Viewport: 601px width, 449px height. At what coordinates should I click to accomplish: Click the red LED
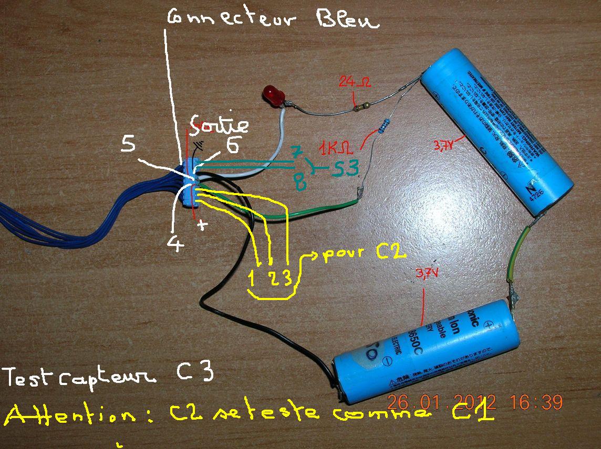[274, 96]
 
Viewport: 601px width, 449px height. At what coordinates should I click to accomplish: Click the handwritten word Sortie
[220, 124]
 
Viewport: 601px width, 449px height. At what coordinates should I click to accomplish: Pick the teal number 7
[297, 154]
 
